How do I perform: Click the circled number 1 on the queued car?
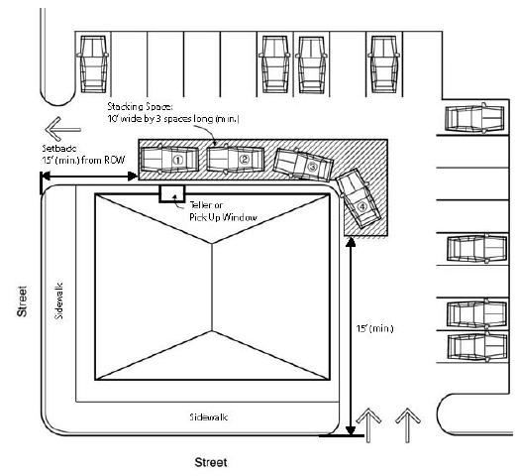(178, 161)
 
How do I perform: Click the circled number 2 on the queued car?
(244, 160)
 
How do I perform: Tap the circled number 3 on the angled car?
(312, 167)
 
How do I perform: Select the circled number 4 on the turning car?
(362, 207)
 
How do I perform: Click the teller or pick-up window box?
(172, 193)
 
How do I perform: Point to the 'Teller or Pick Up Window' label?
(223, 211)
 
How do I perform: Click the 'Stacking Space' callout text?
(173, 112)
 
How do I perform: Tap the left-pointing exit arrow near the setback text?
(62, 129)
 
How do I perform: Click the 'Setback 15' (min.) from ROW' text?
(83, 155)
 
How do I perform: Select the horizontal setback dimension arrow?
(89, 177)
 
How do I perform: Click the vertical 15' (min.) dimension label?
(374, 328)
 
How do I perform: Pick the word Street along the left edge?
(22, 301)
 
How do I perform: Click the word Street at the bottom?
(211, 462)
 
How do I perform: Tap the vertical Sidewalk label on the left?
(59, 300)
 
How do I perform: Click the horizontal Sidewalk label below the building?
(209, 417)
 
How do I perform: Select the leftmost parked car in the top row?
(93, 63)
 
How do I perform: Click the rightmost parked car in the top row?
(383, 64)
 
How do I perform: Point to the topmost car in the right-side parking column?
(474, 118)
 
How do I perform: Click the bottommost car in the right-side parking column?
(477, 347)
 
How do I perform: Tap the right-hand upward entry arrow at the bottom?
(408, 425)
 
